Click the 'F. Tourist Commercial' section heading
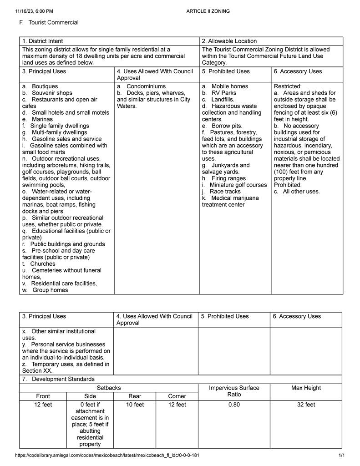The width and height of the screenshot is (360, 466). [49, 22]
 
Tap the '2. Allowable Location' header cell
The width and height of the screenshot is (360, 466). [229, 41]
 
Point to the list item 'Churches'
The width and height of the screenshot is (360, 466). [43, 264]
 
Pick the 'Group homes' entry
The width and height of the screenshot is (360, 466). [50, 290]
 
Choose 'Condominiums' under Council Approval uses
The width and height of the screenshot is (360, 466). [146, 86]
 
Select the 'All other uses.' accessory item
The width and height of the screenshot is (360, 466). [301, 192]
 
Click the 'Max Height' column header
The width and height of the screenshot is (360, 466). [306, 388]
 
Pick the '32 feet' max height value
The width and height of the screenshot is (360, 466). [306, 405]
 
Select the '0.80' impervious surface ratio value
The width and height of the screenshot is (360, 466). [234, 405]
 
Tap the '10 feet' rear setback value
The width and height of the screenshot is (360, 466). [135, 405]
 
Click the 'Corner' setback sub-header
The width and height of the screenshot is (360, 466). [177, 396]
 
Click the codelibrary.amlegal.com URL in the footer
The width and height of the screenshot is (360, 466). [107, 455]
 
